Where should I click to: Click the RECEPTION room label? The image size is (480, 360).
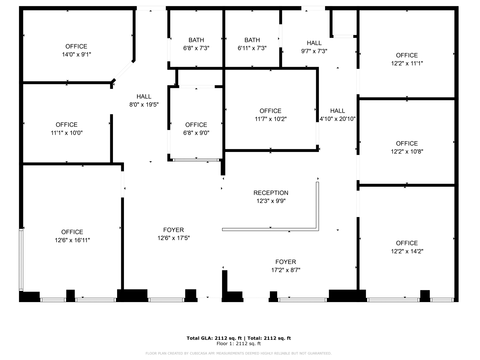point(271,193)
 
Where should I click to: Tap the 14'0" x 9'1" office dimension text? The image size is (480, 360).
point(76,54)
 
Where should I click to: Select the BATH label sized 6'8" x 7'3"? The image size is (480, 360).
point(196,40)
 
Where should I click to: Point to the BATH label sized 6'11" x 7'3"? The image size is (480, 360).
point(252,40)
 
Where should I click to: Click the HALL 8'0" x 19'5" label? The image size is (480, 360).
point(144,96)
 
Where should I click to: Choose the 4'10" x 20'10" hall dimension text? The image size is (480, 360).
point(338,119)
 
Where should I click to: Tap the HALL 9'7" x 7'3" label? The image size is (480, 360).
point(314,43)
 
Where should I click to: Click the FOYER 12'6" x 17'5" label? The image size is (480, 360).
point(174,230)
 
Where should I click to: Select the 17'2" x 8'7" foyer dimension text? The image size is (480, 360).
point(286,270)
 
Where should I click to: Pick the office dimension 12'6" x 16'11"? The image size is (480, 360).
point(72,240)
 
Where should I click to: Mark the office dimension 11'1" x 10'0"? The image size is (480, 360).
point(67,133)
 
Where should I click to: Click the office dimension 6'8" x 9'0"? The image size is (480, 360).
point(196,133)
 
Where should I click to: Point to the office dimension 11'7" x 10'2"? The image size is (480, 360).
point(271,119)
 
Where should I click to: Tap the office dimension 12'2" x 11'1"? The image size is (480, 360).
point(407,63)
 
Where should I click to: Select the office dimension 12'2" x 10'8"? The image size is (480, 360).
point(407,152)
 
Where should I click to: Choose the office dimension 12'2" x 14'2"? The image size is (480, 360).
point(407,251)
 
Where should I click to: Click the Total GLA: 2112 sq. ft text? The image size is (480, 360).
point(214,338)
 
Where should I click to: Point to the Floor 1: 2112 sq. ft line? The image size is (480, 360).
point(239,343)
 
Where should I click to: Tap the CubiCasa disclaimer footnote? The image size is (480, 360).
point(239,353)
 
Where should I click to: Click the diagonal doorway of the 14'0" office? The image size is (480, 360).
point(124,70)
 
